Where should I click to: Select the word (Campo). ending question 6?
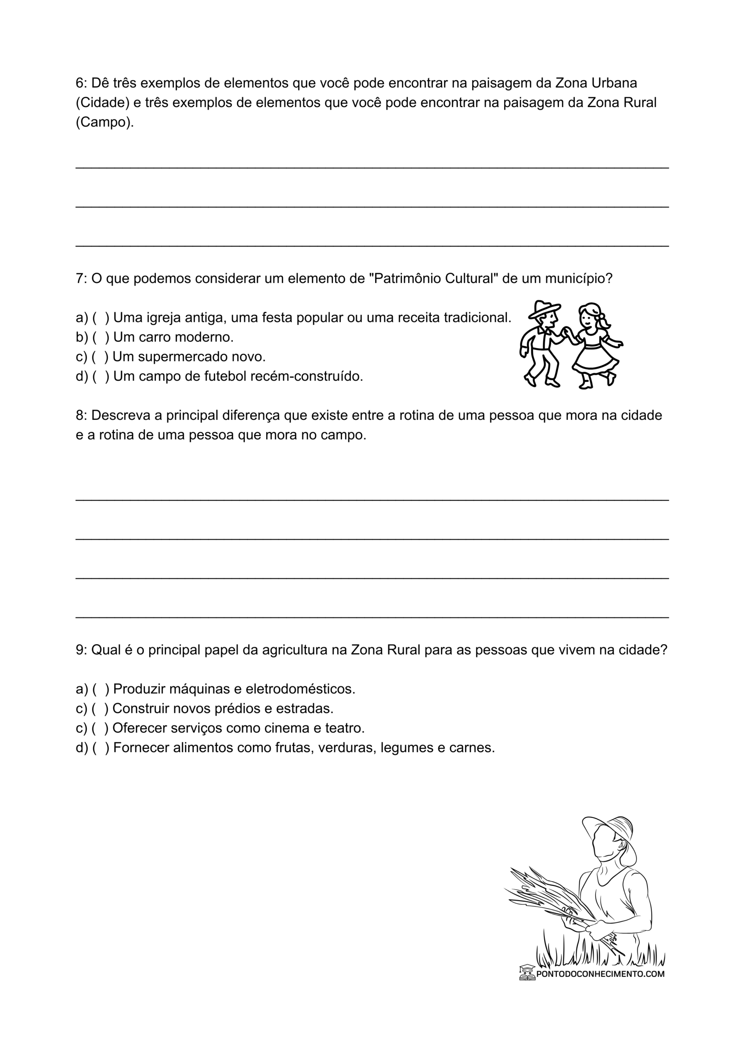pyautogui.click(x=105, y=122)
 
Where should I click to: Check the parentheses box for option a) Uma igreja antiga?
pyautogui.click(x=101, y=317)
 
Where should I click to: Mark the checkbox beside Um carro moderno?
pyautogui.click(x=101, y=337)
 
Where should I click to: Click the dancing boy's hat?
pyautogui.click(x=544, y=309)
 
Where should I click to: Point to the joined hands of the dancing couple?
pyautogui.click(x=568, y=332)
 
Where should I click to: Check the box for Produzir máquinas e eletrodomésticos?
pyautogui.click(x=101, y=689)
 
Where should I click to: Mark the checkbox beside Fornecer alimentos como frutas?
pyautogui.click(x=101, y=748)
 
